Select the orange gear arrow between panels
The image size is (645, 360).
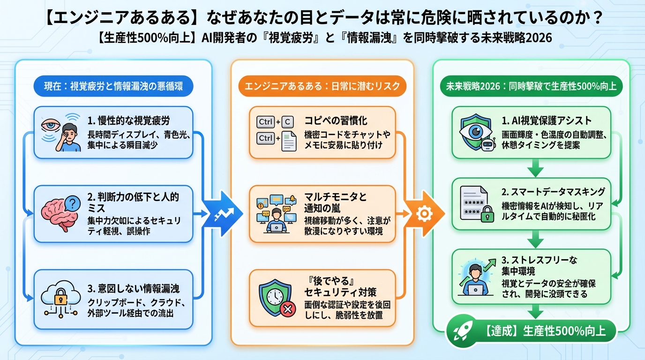424,214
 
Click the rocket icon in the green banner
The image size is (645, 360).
461,332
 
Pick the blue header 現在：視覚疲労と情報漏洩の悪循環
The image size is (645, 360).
113,86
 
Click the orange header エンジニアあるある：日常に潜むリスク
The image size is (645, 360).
322,86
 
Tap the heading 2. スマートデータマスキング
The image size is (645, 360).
553,191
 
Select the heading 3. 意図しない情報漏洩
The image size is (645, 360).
133,288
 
